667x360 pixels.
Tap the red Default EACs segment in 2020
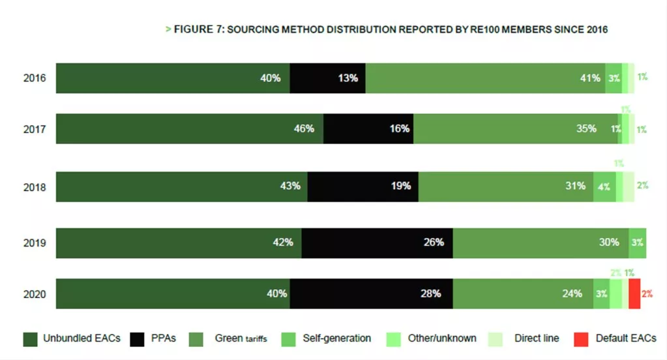pos(634,293)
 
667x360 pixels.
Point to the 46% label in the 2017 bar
pos(304,129)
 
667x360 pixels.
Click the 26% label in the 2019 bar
pos(434,243)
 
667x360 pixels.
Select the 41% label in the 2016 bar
pos(590,78)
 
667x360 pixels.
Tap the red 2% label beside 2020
pos(647,294)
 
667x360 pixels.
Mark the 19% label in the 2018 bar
pos(400,187)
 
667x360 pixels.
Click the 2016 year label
pos(34,78)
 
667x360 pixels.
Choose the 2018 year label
pos(34,187)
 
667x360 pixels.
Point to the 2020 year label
pos(34,294)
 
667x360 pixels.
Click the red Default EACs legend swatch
pos(581,339)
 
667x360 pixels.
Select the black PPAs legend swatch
pos(137,339)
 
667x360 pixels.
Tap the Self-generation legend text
pos(336,338)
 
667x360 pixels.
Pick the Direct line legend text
pos(537,338)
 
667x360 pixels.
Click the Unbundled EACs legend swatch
pos(30,339)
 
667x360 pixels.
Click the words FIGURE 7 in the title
pos(198,30)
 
